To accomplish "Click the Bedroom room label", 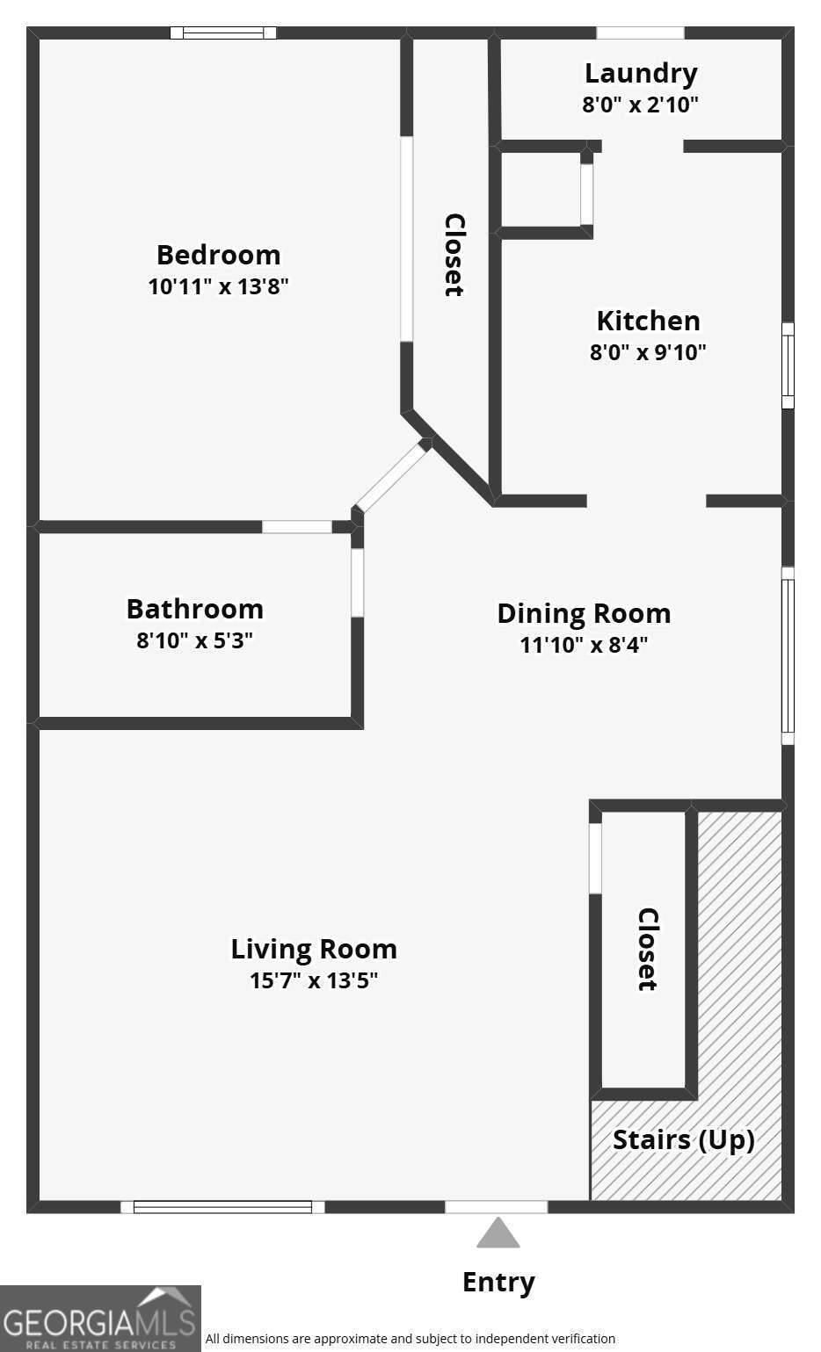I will (218, 255).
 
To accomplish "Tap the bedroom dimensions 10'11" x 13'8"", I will (218, 286).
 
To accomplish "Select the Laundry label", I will (641, 73).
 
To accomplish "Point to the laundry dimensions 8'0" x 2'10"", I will (640, 105).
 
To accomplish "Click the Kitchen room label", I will (648, 321).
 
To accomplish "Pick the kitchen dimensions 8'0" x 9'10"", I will (648, 352).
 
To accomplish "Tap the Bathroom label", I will (194, 609).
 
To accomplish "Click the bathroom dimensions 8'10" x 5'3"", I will (194, 640).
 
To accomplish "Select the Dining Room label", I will (584, 613).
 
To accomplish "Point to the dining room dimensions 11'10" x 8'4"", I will (584, 645).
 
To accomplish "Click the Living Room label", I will (314, 949).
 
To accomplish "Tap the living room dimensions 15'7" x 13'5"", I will (314, 980).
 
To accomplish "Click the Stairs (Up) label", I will (684, 1139).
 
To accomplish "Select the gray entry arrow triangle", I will (498, 1233).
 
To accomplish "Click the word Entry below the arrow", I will (498, 1282).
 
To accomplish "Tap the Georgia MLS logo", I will (100, 1318).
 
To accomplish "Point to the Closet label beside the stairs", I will (647, 949).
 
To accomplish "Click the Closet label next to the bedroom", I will (454, 255).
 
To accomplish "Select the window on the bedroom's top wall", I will (223, 33).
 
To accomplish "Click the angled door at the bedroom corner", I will (392, 476).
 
